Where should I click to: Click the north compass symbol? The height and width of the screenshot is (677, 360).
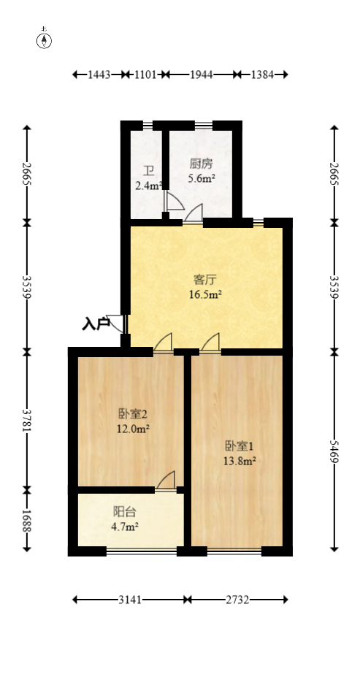click(x=45, y=40)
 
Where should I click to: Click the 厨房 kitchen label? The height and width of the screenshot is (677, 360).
click(x=202, y=164)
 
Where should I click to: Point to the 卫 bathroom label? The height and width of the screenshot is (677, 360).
click(x=148, y=171)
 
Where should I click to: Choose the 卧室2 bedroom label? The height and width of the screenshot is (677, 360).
click(x=134, y=413)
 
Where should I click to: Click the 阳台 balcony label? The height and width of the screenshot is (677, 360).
click(x=124, y=512)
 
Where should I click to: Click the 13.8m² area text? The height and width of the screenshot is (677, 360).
click(x=239, y=461)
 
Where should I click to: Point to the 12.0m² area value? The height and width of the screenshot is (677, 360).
click(x=134, y=429)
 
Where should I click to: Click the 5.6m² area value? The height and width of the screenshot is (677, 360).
click(x=202, y=177)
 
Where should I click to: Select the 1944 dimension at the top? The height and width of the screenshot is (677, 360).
click(x=199, y=74)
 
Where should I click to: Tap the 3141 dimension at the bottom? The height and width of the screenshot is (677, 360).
click(x=130, y=600)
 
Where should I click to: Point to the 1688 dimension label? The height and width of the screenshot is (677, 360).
click(x=28, y=519)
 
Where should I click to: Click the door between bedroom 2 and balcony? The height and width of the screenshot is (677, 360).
click(x=166, y=481)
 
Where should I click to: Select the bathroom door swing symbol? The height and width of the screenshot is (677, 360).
click(x=175, y=201)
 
